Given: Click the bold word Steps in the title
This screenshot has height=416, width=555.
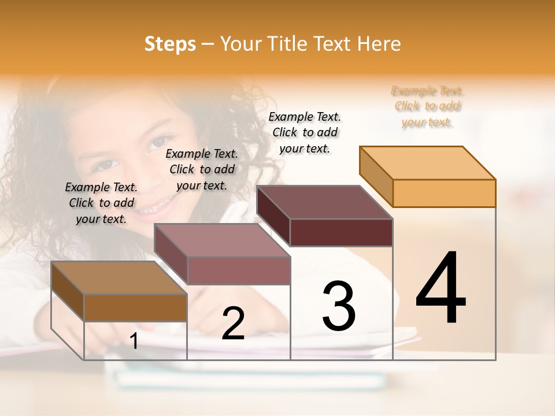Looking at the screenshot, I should pos(170,44).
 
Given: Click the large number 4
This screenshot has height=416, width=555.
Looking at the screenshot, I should pos(441,287).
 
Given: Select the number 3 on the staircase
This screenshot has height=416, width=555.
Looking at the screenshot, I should pos(339,306).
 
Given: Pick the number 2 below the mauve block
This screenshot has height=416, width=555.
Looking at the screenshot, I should pos(233,324).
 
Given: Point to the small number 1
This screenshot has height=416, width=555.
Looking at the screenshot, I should pos(134,341).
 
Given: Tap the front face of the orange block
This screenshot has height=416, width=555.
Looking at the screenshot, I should pos(444,193).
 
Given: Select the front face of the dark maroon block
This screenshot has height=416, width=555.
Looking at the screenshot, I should pos(341,232).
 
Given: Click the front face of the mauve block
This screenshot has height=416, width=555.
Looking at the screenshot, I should pos(238,270).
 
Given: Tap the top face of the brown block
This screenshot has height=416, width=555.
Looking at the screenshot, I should pos(119,278).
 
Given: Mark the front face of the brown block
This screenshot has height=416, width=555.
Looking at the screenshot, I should pos(135,307).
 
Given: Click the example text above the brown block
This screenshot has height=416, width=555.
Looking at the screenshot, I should pos(101,203).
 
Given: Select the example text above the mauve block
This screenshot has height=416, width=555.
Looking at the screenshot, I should pos(202,169).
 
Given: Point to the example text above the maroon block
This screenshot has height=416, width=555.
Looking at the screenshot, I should pos(305,132).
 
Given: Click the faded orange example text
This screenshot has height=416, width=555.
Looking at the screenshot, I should pos(427,106).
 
